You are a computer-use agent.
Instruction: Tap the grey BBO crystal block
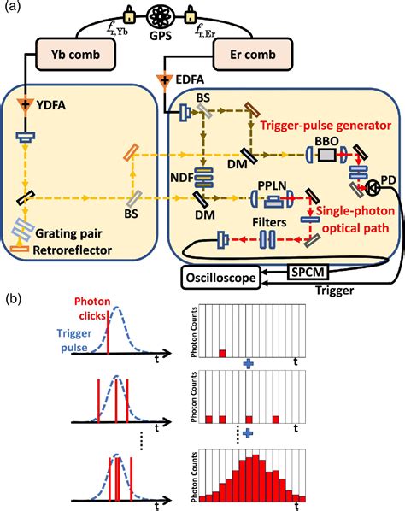pyautogui.click(x=328, y=157)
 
